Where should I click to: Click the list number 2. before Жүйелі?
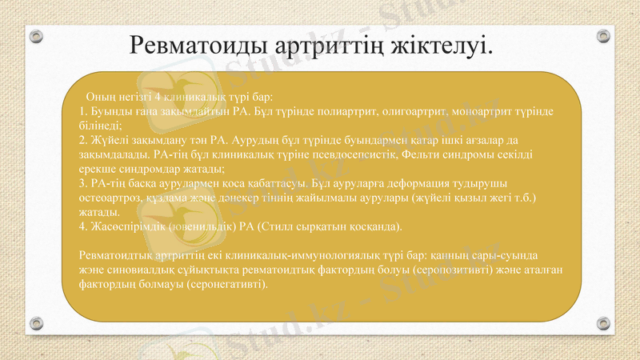pyautogui.click(x=84, y=139)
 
